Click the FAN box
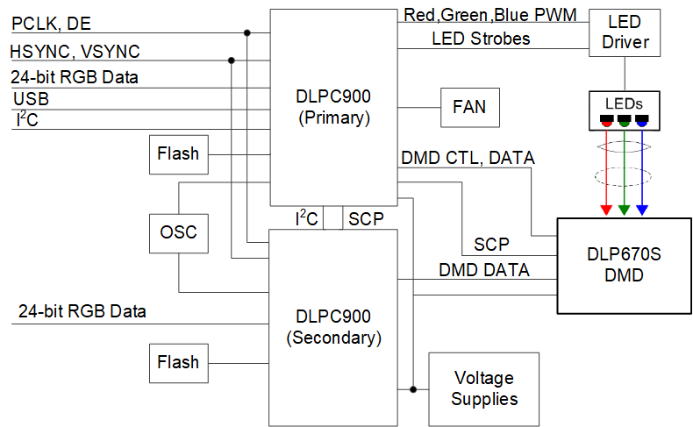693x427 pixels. click(x=468, y=108)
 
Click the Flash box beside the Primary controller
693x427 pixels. click(x=178, y=154)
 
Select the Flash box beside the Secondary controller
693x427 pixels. click(x=178, y=362)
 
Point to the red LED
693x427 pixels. click(x=606, y=119)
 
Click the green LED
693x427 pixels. click(x=624, y=119)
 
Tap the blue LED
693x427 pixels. click(x=641, y=119)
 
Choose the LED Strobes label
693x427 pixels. click(x=481, y=39)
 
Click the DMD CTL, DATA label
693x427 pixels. click(x=468, y=159)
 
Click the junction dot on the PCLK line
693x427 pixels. click(x=247, y=33)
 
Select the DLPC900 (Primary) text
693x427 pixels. click(x=332, y=105)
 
